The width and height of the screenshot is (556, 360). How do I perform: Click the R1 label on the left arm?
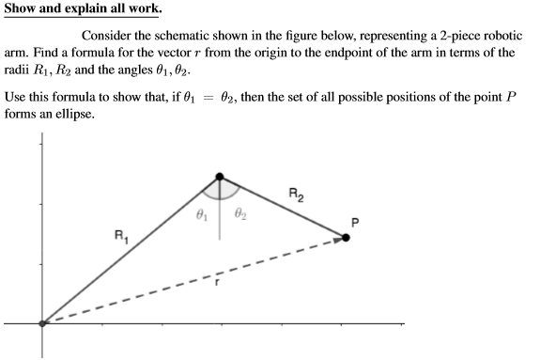pos(119,235)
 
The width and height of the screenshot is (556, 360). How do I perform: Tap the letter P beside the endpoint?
pos(353,222)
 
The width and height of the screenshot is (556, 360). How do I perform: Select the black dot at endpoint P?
pos(345,238)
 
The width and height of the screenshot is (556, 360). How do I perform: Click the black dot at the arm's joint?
pos(220,176)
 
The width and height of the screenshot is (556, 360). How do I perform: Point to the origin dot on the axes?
pos(41,323)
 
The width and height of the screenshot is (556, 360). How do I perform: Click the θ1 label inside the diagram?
pos(200,215)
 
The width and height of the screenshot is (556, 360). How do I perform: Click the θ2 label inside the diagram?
pos(239,215)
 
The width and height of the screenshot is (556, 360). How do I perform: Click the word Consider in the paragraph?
pos(119,36)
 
